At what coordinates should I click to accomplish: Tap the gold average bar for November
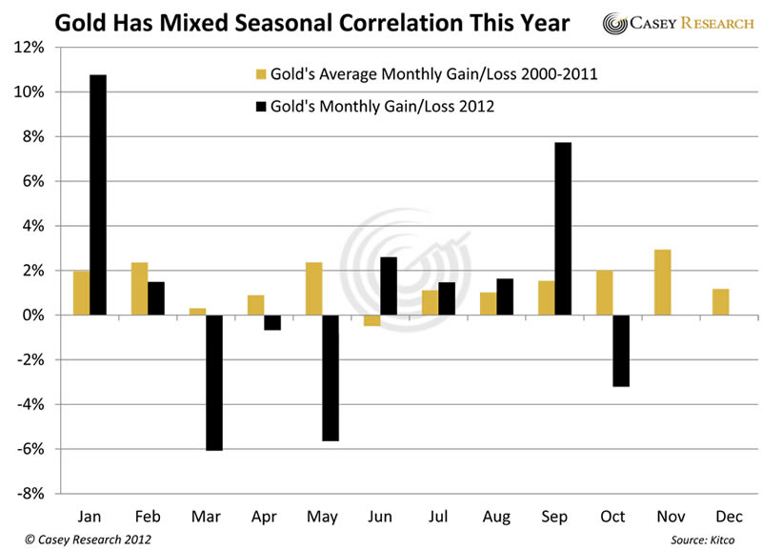[662, 282]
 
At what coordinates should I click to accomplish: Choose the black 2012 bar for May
[330, 377]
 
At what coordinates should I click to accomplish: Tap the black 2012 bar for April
[271, 322]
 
